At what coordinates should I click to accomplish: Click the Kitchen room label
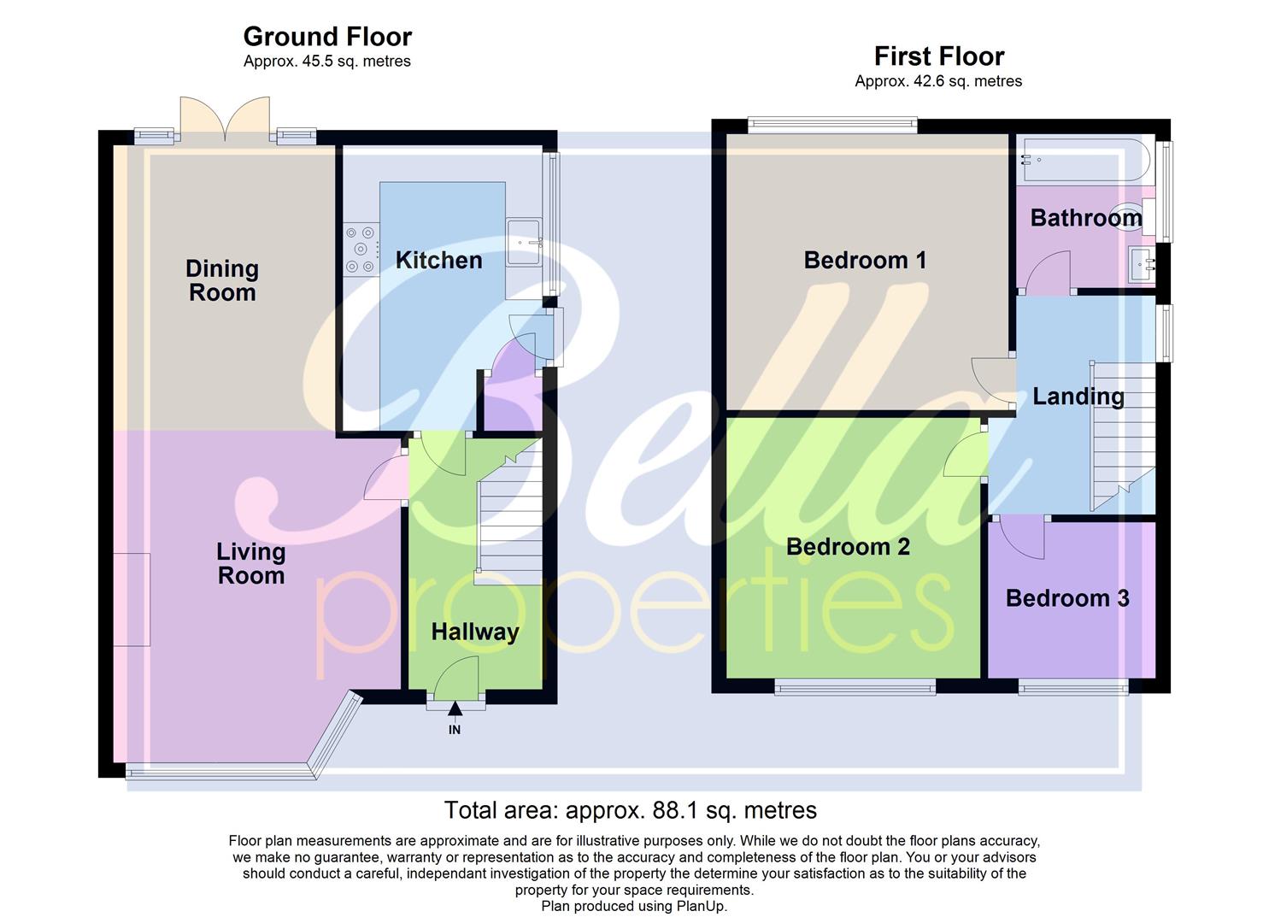pos(438,261)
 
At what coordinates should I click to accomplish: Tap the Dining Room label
pos(222,280)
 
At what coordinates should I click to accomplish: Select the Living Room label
pos(250,563)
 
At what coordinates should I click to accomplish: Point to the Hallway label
pos(474,632)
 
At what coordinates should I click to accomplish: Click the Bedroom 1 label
pos(865,260)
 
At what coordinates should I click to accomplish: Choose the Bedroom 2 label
pos(848,547)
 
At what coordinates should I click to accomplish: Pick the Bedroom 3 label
pos(1067,598)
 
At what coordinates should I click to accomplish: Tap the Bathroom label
pos(1085,218)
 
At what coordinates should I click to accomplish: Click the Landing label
pos(1078,397)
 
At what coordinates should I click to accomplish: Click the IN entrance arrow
pos(455,709)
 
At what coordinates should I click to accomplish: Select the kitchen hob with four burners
pos(361,249)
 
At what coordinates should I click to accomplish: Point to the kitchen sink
pos(524,243)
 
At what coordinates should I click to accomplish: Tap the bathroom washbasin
pos(1142,262)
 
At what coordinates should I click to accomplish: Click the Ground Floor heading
pos(327,37)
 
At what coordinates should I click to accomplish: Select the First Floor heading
pos(938,56)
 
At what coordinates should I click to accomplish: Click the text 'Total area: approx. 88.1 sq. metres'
pos(630,810)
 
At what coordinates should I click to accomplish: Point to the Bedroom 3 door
pos(1021,537)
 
